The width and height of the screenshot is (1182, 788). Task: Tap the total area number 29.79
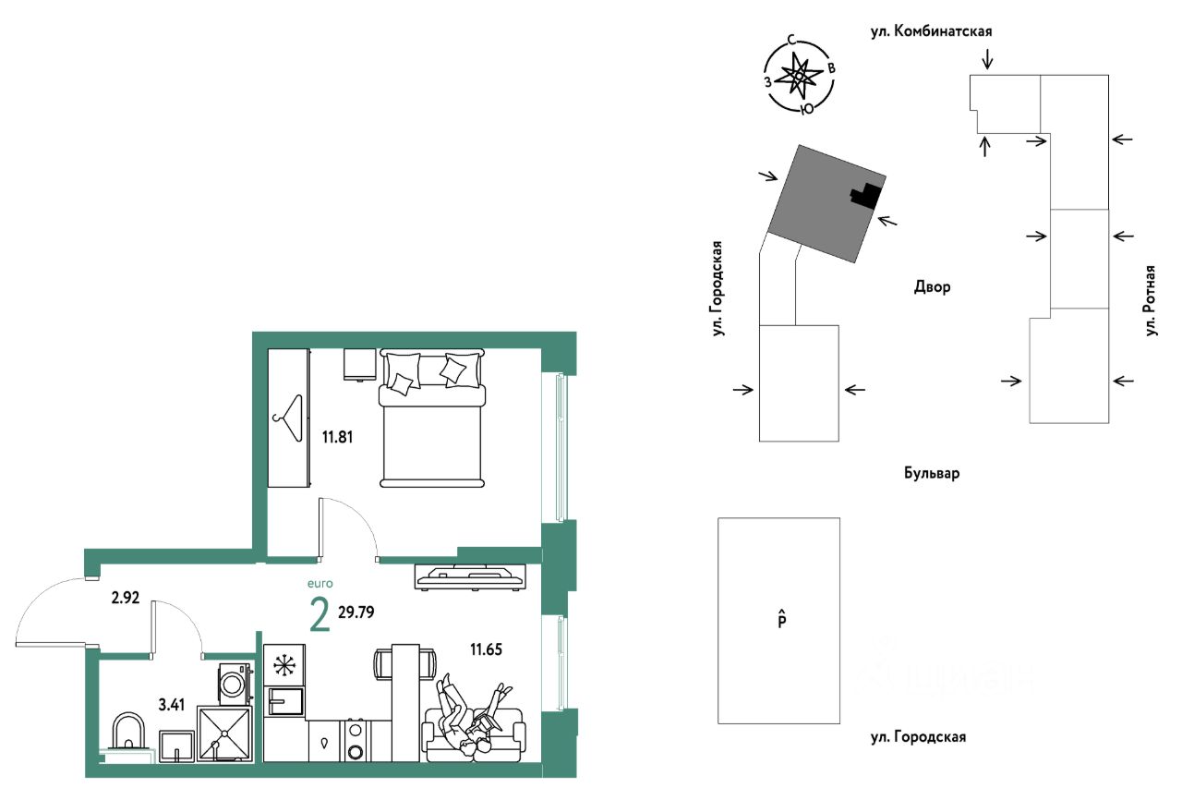[356, 612]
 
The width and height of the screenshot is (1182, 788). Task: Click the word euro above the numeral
[319, 583]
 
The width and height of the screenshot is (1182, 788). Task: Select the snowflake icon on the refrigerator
[283, 665]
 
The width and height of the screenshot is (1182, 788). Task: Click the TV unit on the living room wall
[471, 576]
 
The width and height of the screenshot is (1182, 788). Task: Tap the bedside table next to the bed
[359, 364]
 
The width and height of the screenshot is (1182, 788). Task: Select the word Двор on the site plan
[931, 287]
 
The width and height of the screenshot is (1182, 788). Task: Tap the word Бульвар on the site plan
[932, 474]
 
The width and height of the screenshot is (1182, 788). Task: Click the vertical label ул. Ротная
[1151, 300]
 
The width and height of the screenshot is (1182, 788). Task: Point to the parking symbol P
[780, 619]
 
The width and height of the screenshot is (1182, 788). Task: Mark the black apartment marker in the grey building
[865, 195]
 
